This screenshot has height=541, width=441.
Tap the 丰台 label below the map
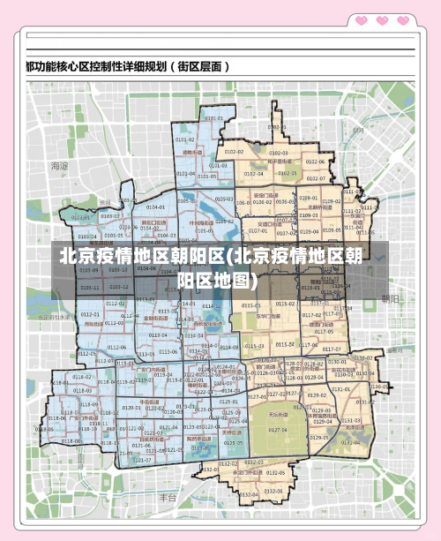[x=168, y=499]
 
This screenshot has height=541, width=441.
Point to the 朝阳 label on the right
[x=390, y=299]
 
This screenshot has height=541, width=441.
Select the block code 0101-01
[x=213, y=117]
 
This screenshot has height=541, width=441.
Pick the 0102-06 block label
[x=315, y=162]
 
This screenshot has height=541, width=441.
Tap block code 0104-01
[x=155, y=207]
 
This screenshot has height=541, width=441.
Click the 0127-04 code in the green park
[x=279, y=430]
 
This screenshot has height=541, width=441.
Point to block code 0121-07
[x=142, y=460]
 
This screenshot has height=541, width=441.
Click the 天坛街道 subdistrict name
[x=279, y=412]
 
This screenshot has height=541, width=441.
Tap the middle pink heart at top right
[x=382, y=19]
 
